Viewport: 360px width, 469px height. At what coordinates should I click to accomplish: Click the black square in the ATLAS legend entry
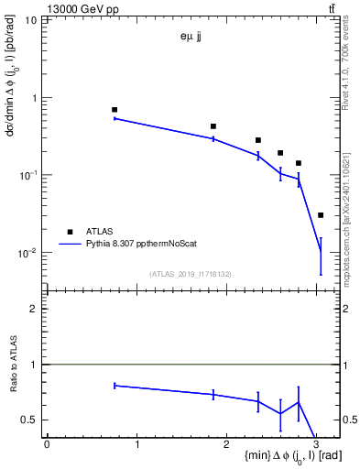[70, 233]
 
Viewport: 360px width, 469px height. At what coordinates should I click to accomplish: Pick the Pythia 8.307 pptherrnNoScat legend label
[150, 245]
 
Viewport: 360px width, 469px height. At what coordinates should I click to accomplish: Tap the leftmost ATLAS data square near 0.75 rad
[115, 109]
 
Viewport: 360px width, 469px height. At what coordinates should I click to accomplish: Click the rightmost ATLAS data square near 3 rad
[320, 215]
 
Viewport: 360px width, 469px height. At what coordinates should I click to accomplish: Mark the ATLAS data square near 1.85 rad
[213, 126]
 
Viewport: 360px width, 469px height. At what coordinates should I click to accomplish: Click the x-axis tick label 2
[227, 444]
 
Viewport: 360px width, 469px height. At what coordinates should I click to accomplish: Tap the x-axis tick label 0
[47, 444]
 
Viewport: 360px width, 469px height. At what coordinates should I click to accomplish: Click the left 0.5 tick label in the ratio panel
[30, 420]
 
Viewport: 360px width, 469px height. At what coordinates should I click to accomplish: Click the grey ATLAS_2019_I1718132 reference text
[191, 273]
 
